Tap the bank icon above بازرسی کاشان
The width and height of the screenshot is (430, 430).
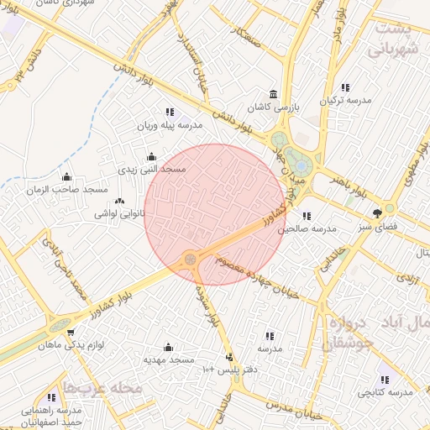pyautogui.click(x=272, y=94)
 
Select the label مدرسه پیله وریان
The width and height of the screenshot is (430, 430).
pyautogui.click(x=170, y=125)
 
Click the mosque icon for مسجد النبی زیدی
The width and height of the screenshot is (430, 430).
pyautogui.click(x=151, y=155)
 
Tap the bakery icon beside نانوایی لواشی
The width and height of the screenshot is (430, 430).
pyautogui.click(x=119, y=201)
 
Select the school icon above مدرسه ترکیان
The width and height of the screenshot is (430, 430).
pyautogui.click(x=344, y=87)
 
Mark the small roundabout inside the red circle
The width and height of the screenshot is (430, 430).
pyautogui.click(x=191, y=259)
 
